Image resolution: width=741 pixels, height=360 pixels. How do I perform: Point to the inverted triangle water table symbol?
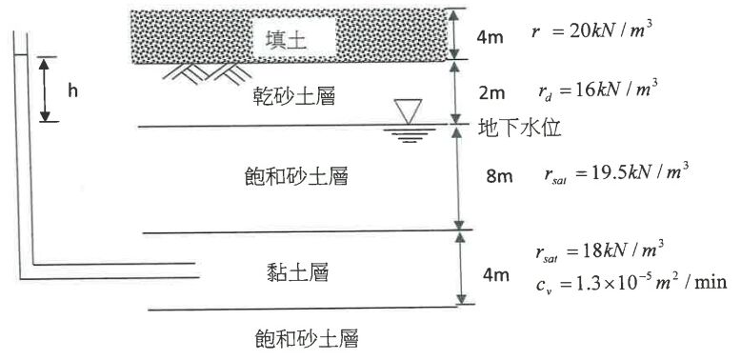[x=412, y=112]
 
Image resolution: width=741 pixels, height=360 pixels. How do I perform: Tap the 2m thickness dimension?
[x=493, y=92]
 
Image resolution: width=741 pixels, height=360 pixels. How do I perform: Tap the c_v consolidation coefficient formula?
[x=631, y=283]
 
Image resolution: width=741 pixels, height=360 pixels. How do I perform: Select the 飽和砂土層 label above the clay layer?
[x=294, y=178]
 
